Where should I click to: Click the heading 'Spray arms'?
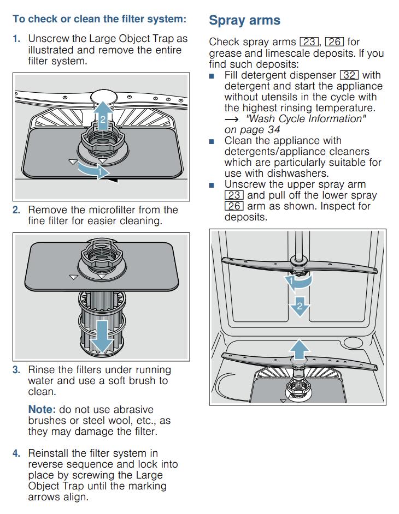tap(244, 21)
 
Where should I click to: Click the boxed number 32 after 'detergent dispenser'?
tap(349, 75)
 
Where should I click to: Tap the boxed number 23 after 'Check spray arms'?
tap(309, 42)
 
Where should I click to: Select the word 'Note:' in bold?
tap(43, 410)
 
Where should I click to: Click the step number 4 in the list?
tap(16, 453)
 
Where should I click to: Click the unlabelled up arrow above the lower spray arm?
tap(299, 348)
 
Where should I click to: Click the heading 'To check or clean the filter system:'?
tap(99, 19)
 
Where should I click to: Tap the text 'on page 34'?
tap(252, 129)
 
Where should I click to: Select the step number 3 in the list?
tap(16, 370)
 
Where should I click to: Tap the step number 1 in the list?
tap(16, 39)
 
